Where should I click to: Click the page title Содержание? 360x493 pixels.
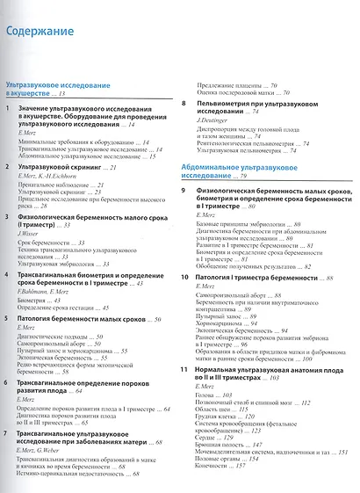40,33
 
